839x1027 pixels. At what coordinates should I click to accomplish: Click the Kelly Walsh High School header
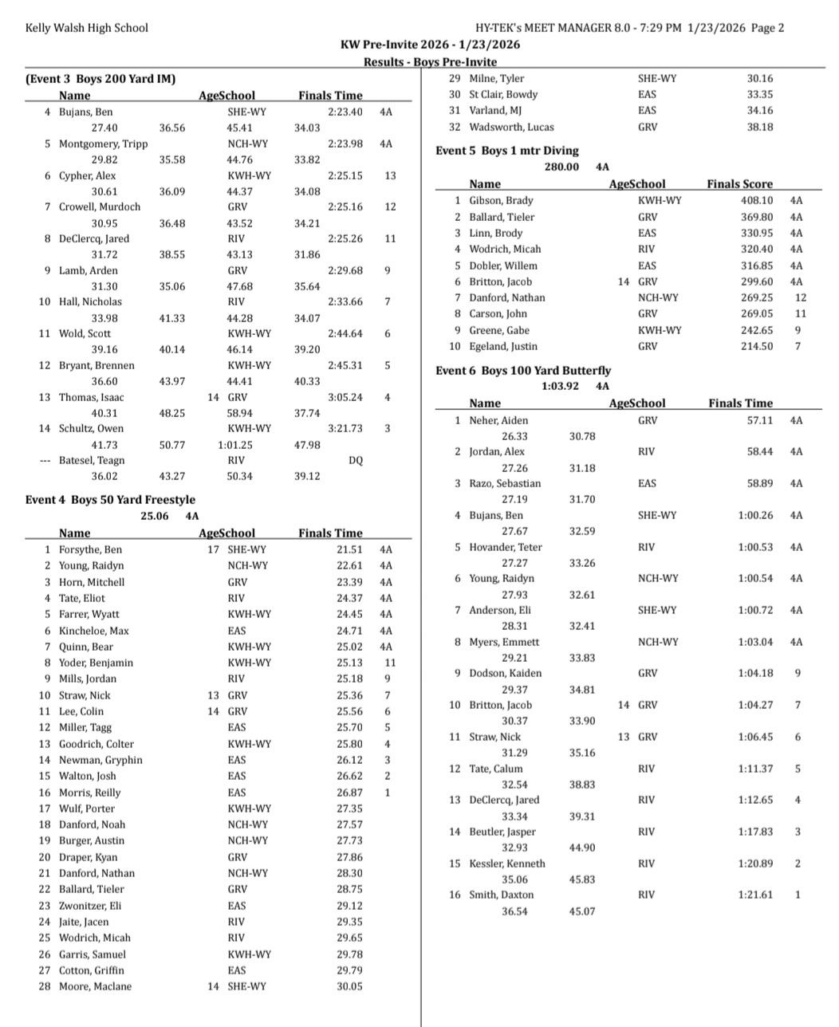pos(86,28)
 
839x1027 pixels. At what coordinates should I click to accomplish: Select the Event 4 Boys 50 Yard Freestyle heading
pos(110,500)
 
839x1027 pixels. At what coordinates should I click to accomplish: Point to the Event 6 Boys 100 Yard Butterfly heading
pos(523,371)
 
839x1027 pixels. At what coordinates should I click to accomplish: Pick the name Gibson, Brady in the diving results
pos(501,201)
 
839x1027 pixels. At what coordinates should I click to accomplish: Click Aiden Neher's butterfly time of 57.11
pos(760,420)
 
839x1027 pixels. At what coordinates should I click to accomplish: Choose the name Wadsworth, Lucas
pos(511,127)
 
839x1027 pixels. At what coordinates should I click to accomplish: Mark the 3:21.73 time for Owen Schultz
pos(345,428)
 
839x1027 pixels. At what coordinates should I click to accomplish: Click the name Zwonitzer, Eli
pos(90,906)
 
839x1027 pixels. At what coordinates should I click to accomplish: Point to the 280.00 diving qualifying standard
pos(561,167)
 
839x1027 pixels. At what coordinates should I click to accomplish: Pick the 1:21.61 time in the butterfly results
pos(755,895)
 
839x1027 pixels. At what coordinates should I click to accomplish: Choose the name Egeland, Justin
pos(502,346)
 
